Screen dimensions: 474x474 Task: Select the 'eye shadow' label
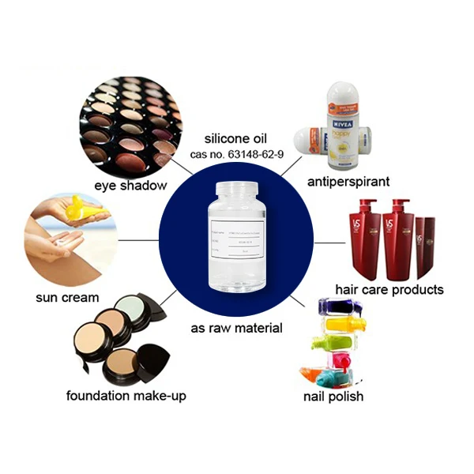click(x=130, y=186)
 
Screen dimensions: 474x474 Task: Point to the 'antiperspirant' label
click(x=348, y=182)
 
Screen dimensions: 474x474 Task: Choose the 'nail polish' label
click(x=334, y=396)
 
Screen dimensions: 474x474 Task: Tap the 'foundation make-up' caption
click(x=126, y=396)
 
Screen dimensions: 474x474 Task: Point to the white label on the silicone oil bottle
click(x=236, y=241)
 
